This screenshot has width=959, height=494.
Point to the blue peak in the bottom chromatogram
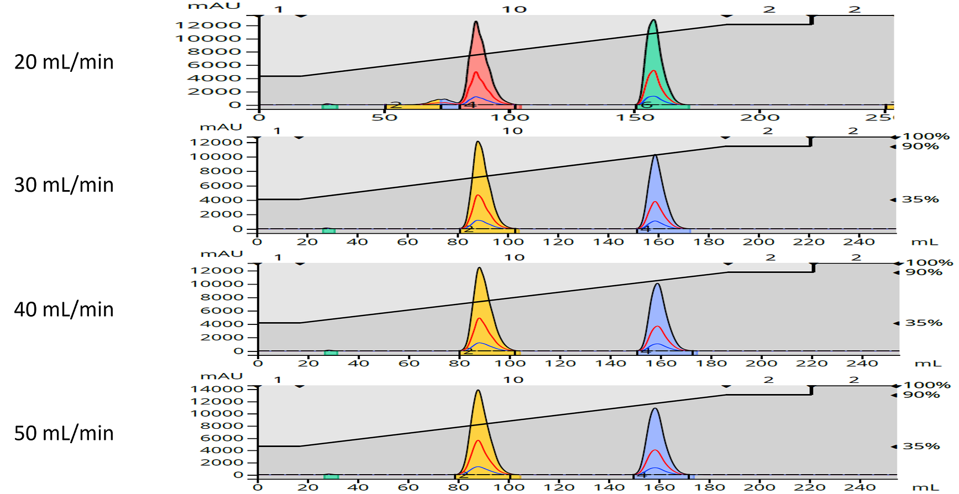click(656, 442)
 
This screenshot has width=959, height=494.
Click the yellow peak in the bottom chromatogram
click(478, 437)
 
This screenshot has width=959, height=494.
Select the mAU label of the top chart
click(206, 6)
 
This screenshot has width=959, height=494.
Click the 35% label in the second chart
click(920, 199)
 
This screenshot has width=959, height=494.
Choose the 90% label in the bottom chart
click(921, 395)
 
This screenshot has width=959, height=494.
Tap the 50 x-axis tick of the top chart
click(385, 117)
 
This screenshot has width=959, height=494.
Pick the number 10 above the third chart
click(514, 257)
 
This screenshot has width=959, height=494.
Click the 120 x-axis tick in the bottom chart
click(558, 487)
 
